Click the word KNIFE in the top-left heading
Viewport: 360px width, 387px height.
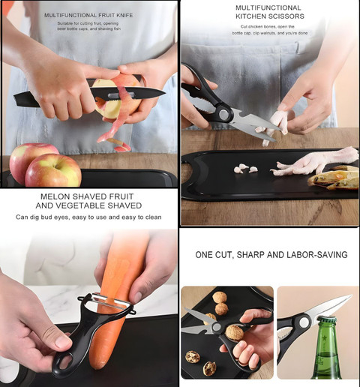coord(124,15)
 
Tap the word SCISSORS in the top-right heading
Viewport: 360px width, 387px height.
coord(287,16)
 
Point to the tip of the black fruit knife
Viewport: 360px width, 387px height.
coord(165,93)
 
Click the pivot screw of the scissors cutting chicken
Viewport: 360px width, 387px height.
coord(224,114)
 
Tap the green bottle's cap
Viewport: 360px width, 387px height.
coord(327,319)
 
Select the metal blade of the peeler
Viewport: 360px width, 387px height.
coord(110,301)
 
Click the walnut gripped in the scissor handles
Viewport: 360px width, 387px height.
coord(235,333)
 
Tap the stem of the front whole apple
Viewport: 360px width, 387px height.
coord(55,166)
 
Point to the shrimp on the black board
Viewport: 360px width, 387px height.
coord(334,179)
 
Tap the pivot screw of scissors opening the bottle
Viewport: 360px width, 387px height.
coord(304,322)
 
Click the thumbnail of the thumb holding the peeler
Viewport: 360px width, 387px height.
coord(62,341)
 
